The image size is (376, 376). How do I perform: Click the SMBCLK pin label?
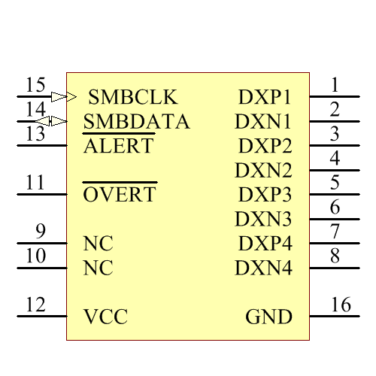132,97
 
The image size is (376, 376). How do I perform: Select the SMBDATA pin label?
136,121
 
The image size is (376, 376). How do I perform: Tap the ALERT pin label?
118,146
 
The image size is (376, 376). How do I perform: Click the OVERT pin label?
120,195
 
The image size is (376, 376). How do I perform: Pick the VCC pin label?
105,317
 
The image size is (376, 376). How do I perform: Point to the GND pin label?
268,317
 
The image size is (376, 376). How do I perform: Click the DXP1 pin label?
264,97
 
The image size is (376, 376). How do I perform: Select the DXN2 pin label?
262,170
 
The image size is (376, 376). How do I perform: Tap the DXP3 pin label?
264,195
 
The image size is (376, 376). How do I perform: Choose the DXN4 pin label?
262,268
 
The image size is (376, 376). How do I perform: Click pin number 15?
35,85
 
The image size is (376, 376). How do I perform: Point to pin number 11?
35,183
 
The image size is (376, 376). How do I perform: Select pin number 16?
341,305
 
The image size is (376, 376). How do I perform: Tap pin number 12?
35,305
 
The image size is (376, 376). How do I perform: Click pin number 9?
41,231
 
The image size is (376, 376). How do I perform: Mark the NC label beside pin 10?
98,268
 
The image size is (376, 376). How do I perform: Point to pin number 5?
335,182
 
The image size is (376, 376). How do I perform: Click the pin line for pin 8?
328,268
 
